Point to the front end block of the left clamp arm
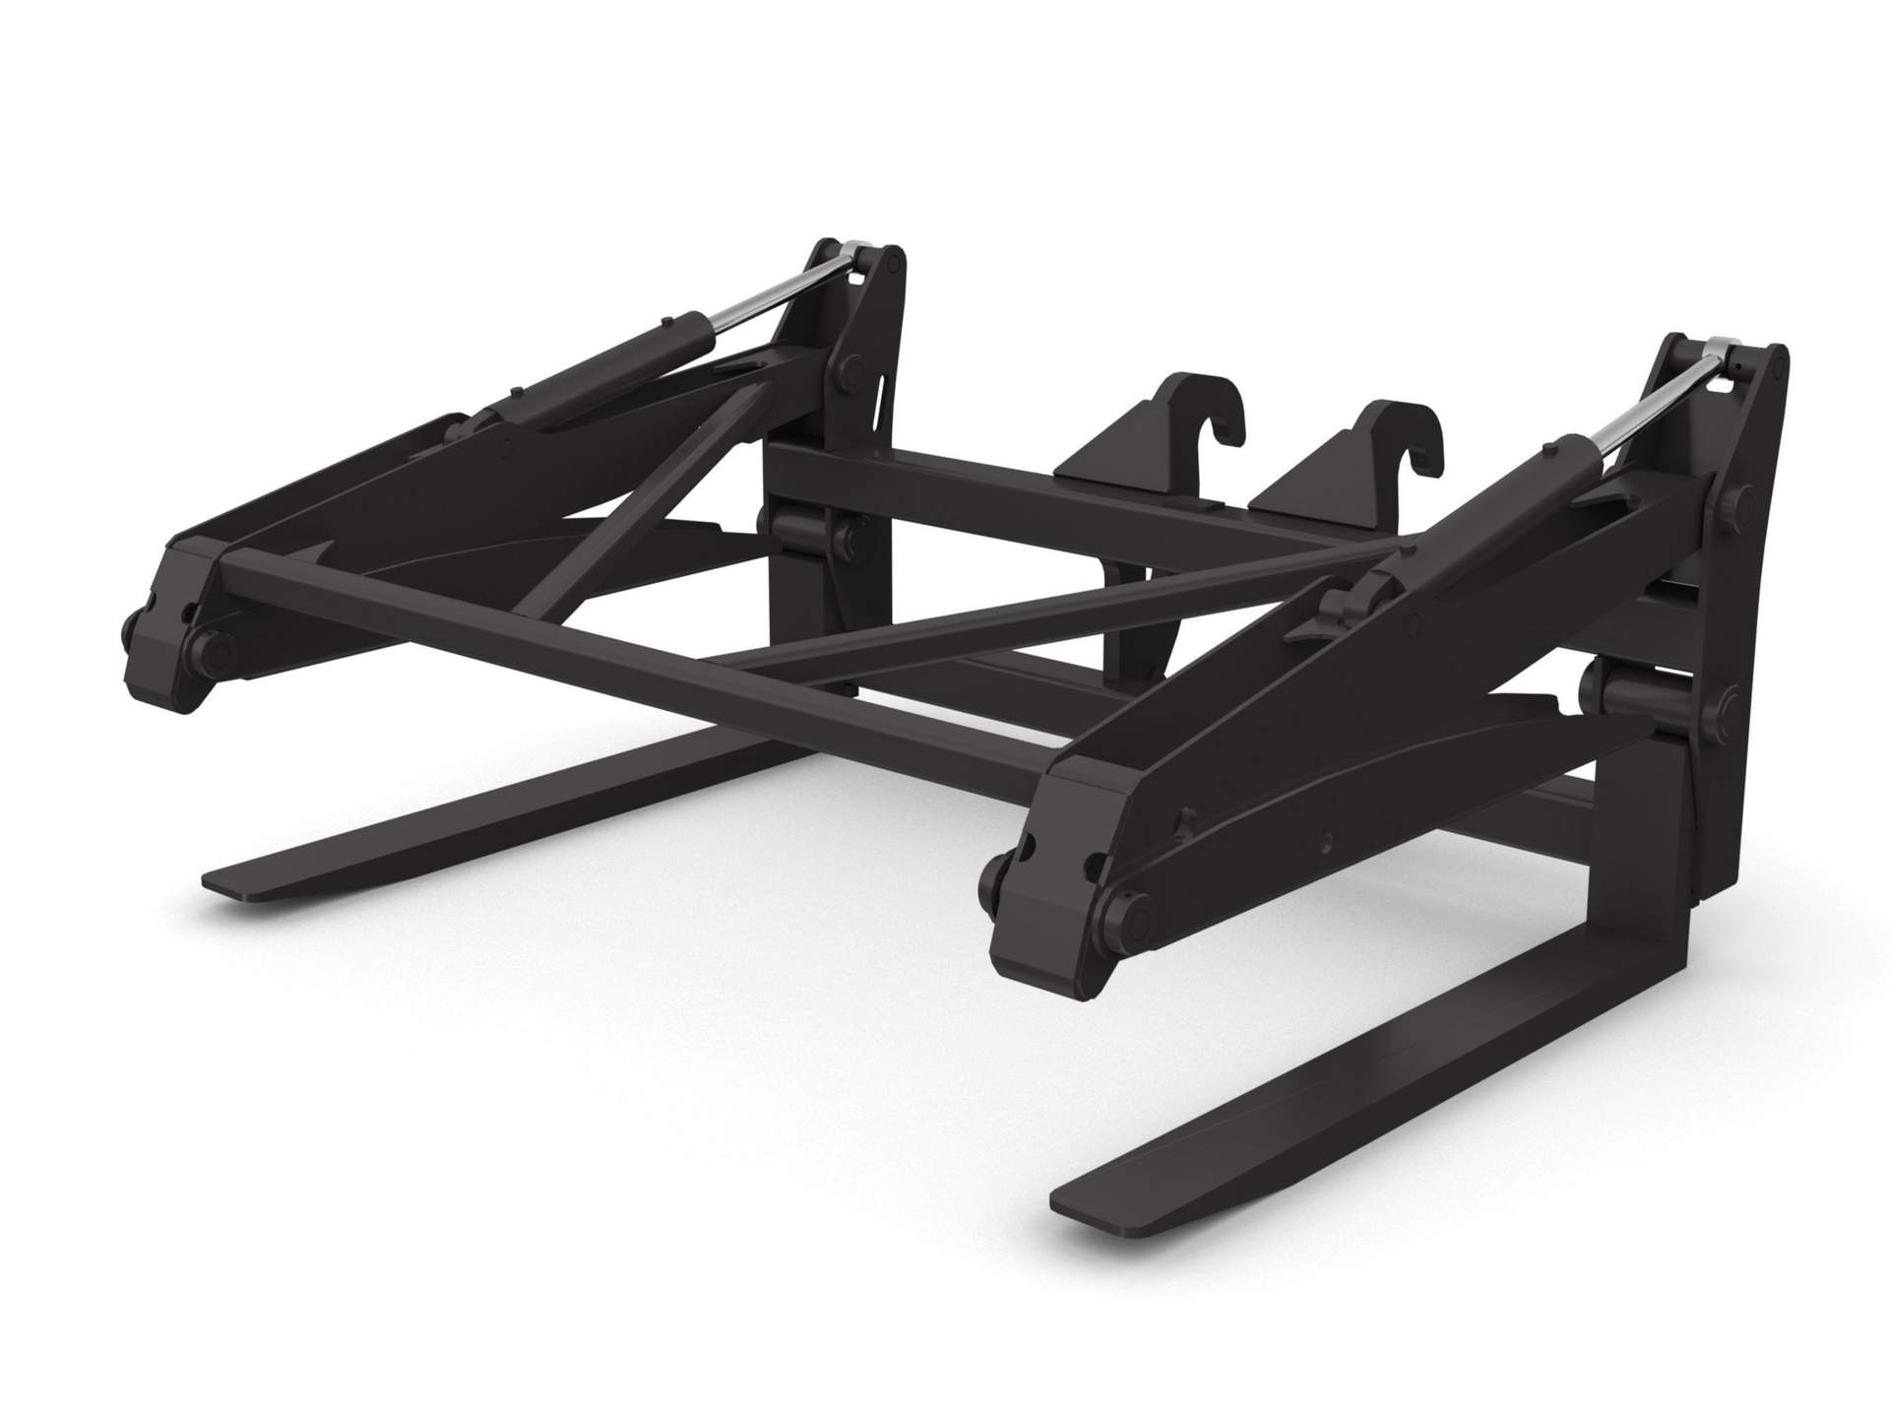[162, 630]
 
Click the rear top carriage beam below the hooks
[1034, 492]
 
